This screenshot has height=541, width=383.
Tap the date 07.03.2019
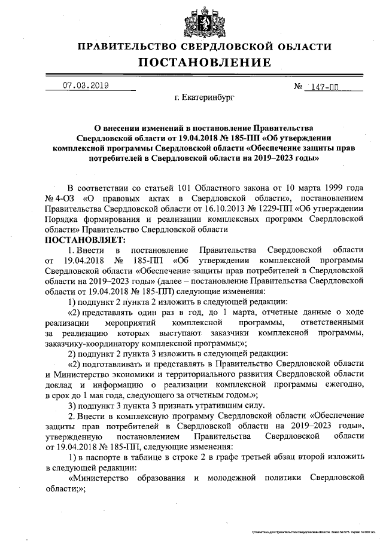pyautogui.click(x=86, y=85)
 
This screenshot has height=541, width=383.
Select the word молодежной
pyautogui.click(x=232, y=478)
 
